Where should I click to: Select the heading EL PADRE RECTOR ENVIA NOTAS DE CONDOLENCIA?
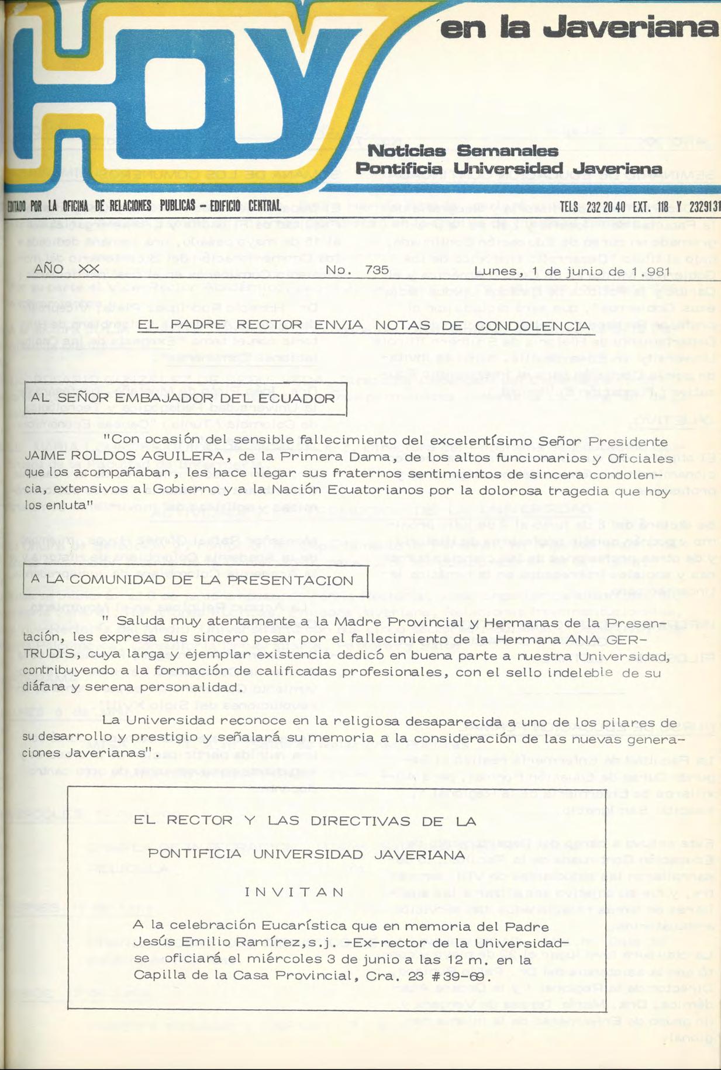pyautogui.click(x=363, y=325)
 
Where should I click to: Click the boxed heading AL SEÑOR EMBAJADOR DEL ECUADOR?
pyautogui.click(x=185, y=399)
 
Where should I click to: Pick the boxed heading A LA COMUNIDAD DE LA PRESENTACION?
pyautogui.click(x=196, y=580)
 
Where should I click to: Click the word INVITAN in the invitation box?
pyautogui.click(x=294, y=892)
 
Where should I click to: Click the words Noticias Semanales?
pyautogui.click(x=463, y=151)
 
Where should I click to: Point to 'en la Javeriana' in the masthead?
pyautogui.click(x=579, y=28)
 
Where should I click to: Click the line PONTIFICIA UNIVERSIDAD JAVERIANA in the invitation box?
pyautogui.click(x=306, y=854)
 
